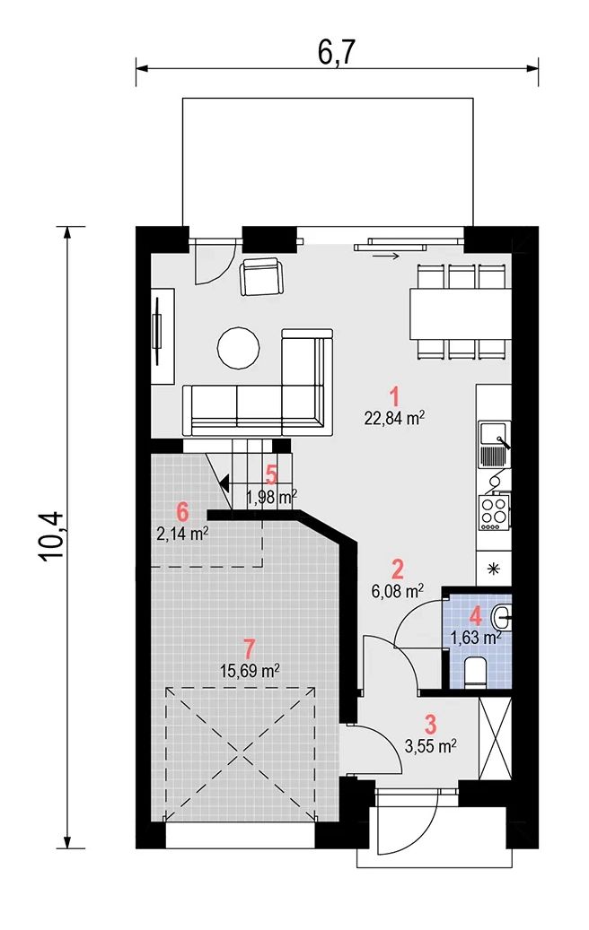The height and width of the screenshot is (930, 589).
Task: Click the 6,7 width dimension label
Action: coord(336,53)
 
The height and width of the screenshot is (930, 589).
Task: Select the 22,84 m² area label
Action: coord(394,418)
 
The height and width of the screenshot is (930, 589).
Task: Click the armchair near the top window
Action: coord(262,276)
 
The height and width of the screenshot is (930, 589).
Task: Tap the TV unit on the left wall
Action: coord(163,336)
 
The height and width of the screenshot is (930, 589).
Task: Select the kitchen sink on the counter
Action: coord(494,444)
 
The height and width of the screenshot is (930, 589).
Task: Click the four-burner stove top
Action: coord(494,513)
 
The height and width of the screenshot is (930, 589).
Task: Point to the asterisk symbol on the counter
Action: coord(493,569)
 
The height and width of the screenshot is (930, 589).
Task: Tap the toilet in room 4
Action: coord(475,673)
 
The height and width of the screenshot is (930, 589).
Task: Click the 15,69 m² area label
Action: coord(250,671)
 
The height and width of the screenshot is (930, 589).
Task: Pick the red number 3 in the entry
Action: coord(430,725)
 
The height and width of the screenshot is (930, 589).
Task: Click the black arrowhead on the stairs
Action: coord(225,483)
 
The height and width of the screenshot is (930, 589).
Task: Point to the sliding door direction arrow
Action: coord(385,256)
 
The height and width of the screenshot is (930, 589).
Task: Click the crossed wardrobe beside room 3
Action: coord(495,738)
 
